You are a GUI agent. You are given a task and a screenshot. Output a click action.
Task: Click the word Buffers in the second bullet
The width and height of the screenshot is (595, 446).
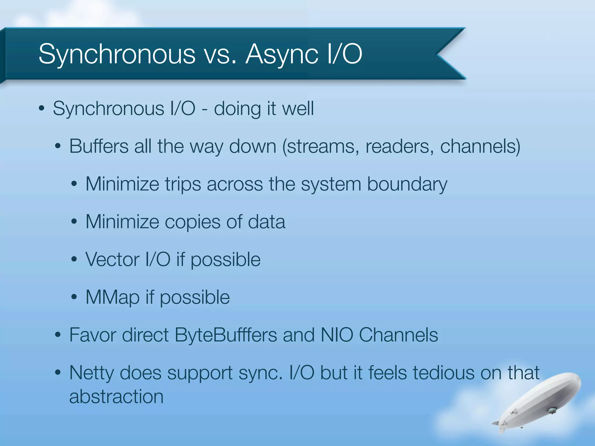(x=99, y=146)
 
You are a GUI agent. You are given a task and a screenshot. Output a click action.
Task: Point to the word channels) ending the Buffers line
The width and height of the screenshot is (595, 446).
(x=480, y=146)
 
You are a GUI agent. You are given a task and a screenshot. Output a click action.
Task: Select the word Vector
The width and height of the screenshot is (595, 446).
(x=112, y=259)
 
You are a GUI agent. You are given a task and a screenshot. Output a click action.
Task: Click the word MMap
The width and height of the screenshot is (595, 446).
(x=112, y=297)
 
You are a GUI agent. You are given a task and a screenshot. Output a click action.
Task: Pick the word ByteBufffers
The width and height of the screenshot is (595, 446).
(x=226, y=335)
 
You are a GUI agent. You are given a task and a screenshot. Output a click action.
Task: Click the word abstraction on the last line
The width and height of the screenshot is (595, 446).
(x=116, y=397)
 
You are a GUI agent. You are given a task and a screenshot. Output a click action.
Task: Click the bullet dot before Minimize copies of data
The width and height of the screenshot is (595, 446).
(x=74, y=222)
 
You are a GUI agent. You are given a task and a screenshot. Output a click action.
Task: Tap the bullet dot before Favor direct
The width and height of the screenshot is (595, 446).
(x=58, y=335)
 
